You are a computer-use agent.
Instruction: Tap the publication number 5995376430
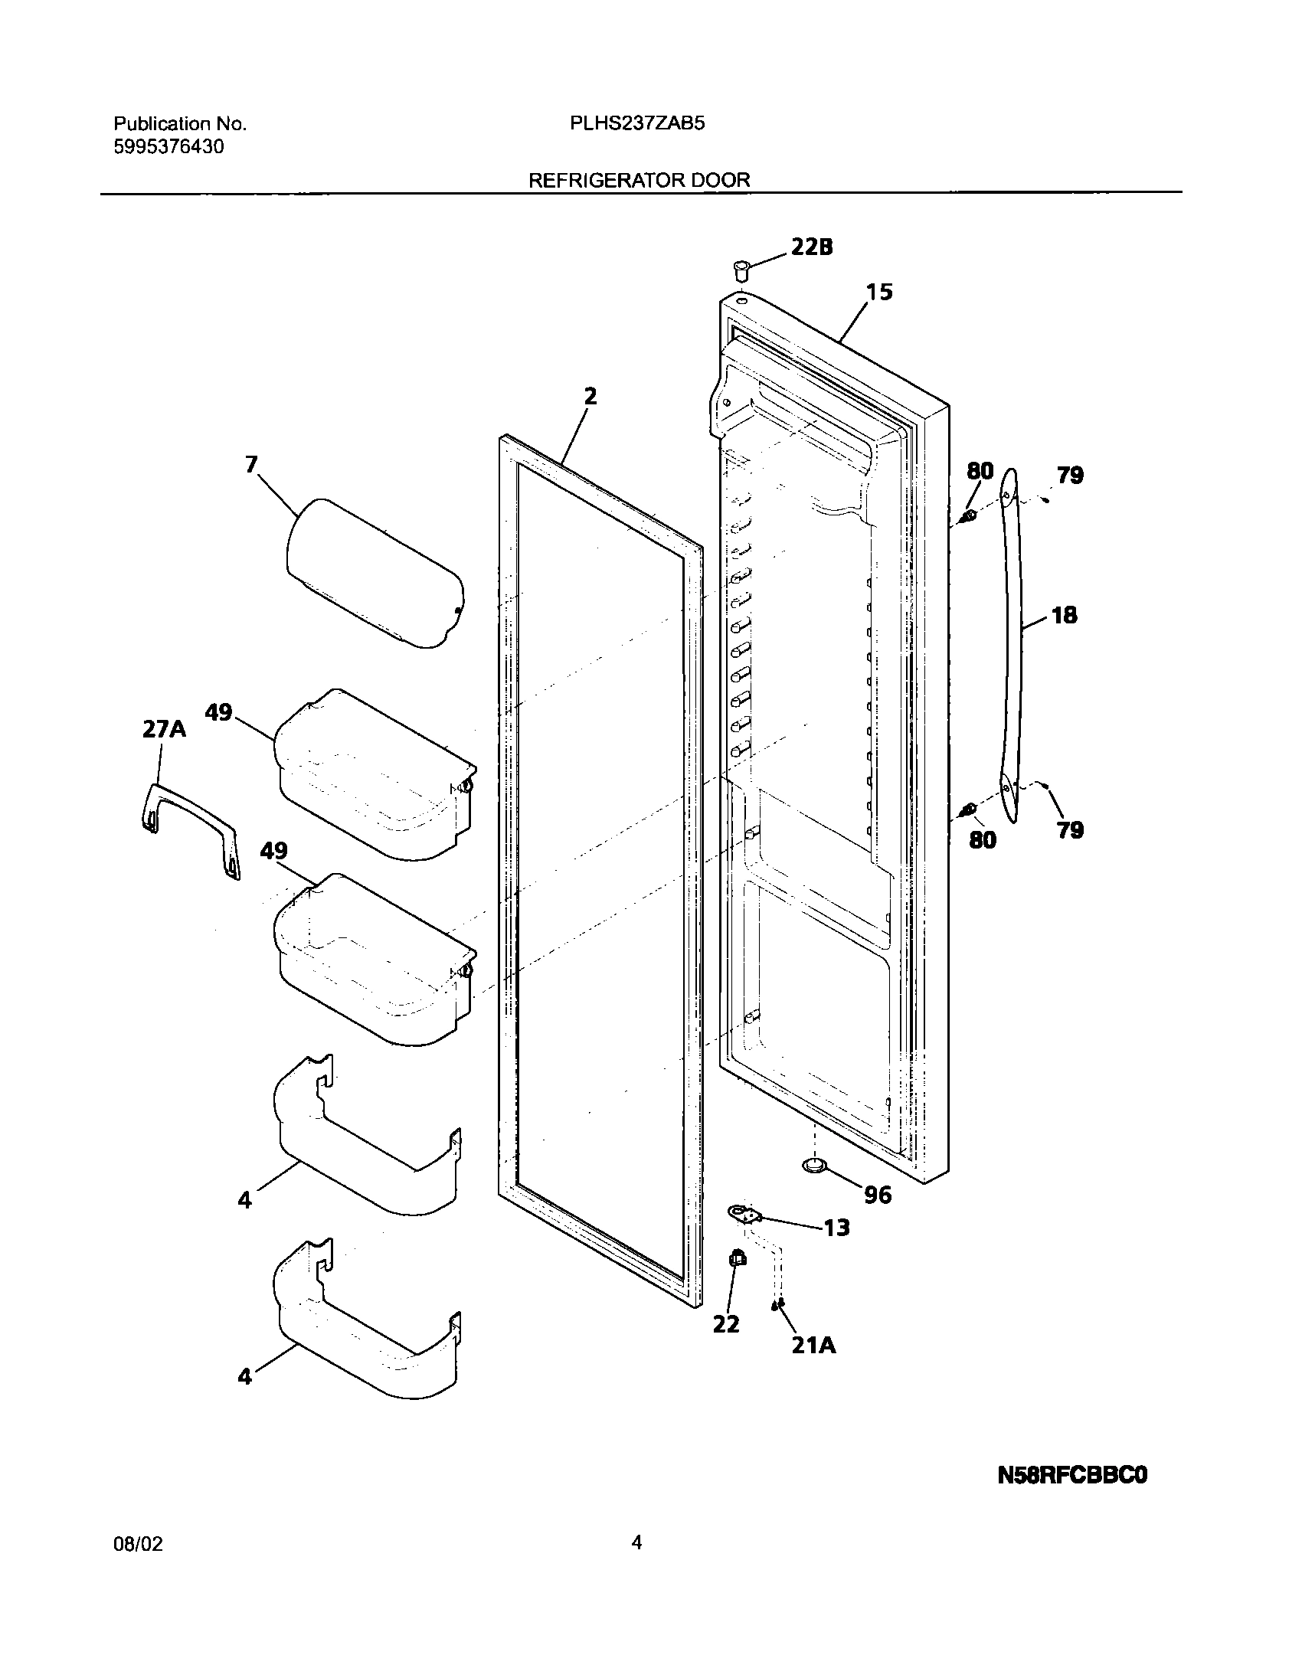tap(168, 147)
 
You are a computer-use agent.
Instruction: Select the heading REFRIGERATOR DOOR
tap(640, 181)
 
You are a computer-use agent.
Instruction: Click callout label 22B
tap(811, 247)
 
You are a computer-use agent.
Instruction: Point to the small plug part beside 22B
tap(741, 270)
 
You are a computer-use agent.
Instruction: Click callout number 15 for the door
tap(879, 293)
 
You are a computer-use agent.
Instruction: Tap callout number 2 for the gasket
tap(589, 397)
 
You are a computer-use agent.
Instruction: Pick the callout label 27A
tap(164, 730)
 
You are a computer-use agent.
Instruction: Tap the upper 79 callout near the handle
tap(1070, 476)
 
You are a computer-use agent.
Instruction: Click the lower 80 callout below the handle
tap(983, 840)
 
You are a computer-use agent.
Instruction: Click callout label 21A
tap(813, 1345)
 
